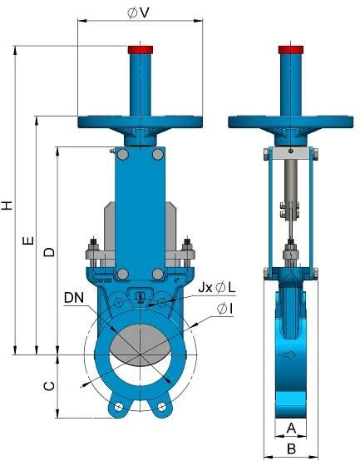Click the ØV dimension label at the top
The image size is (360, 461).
tap(138, 12)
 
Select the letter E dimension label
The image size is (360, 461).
tap(28, 240)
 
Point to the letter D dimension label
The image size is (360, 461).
tap(49, 252)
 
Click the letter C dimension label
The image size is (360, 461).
tap(49, 386)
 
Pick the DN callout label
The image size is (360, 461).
tap(74, 298)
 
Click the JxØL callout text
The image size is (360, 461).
tap(217, 288)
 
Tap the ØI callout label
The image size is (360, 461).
tap(225, 309)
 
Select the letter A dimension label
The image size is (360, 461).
tap(291, 428)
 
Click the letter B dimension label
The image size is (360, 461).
tap(291, 449)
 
